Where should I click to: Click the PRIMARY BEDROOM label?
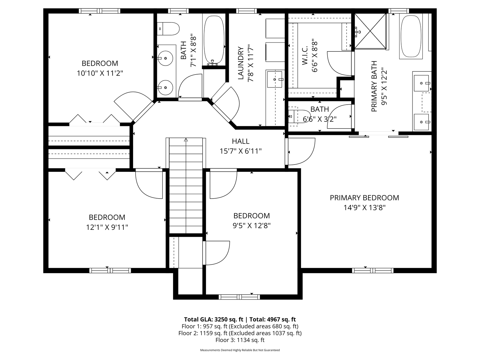click(364, 198)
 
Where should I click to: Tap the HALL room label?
click(241, 141)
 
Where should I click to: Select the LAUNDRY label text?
click(241, 63)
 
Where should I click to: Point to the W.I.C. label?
click(305, 56)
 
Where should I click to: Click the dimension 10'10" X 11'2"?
click(100, 73)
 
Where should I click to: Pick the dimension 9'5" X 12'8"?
click(252, 226)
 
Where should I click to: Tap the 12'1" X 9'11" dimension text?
click(107, 227)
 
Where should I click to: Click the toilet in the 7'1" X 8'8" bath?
click(168, 29)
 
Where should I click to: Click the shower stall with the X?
click(370, 31)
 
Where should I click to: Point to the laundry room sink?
click(274, 79)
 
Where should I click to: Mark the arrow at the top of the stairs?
click(186, 140)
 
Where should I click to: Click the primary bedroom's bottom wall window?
click(373, 271)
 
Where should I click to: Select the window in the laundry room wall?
click(246, 11)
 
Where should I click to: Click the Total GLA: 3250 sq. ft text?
click(214, 319)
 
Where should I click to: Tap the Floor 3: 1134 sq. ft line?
click(240, 340)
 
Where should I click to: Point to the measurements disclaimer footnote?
click(240, 350)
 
